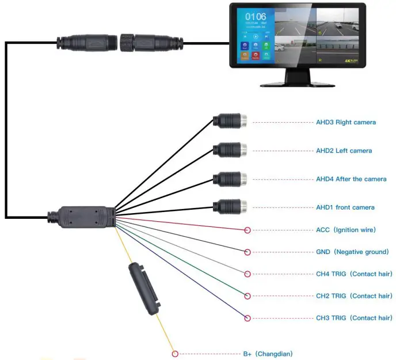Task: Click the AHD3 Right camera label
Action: coord(345,122)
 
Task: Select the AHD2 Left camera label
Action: coord(344,150)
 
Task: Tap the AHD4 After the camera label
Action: coord(351,179)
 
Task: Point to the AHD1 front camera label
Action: coord(345,207)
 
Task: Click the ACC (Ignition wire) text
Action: coord(345,229)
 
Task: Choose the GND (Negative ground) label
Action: coord(352,252)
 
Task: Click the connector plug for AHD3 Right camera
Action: coord(230,122)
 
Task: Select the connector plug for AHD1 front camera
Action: coord(230,206)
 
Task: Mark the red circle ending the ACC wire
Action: coord(247,230)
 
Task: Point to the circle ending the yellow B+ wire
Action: coord(175,354)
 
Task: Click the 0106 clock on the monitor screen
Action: coord(256,17)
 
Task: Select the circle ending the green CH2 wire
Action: coord(247,296)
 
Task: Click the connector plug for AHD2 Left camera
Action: coord(230,150)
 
